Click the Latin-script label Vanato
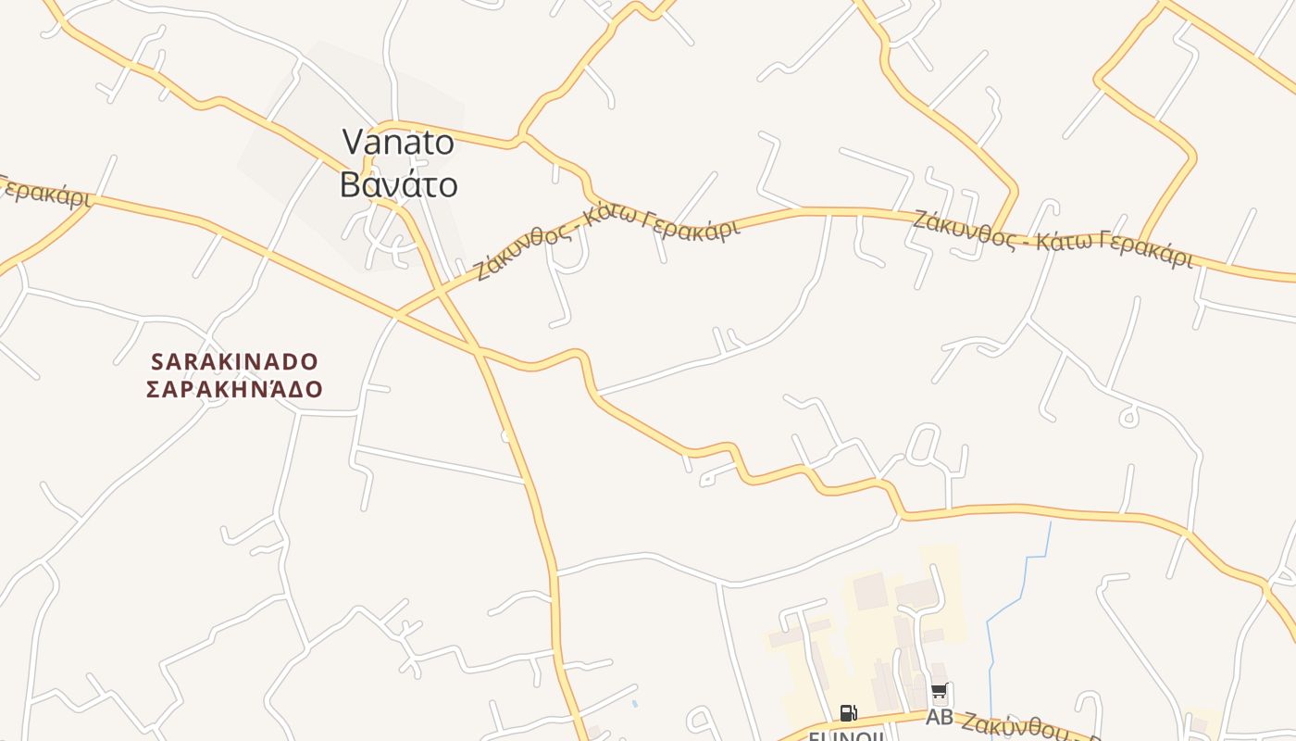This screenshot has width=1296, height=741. (398, 142)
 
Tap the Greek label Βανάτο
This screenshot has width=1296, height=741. (398, 184)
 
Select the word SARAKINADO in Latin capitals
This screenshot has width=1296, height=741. (234, 361)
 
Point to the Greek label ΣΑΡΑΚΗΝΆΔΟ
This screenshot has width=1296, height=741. (234, 389)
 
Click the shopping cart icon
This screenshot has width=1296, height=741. (939, 691)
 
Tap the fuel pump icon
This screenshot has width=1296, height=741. (848, 712)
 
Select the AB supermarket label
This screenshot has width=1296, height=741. (939, 718)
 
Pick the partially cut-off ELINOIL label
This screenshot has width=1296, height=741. (847, 735)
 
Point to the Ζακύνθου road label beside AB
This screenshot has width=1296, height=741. (1018, 726)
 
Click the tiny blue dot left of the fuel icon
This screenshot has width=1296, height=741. (635, 704)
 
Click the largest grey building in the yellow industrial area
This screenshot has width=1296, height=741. (869, 591)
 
